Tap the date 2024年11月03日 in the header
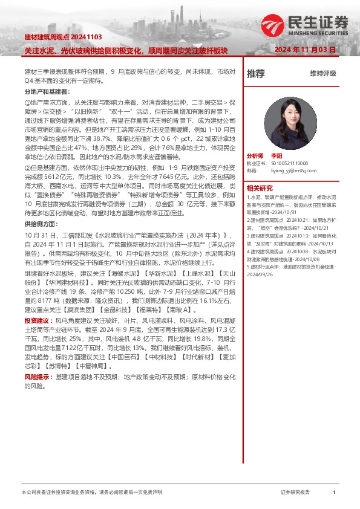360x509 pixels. click(313, 50)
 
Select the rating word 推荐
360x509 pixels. click(255, 74)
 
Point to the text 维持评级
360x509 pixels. click(322, 74)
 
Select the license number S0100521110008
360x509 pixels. click(286, 163)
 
